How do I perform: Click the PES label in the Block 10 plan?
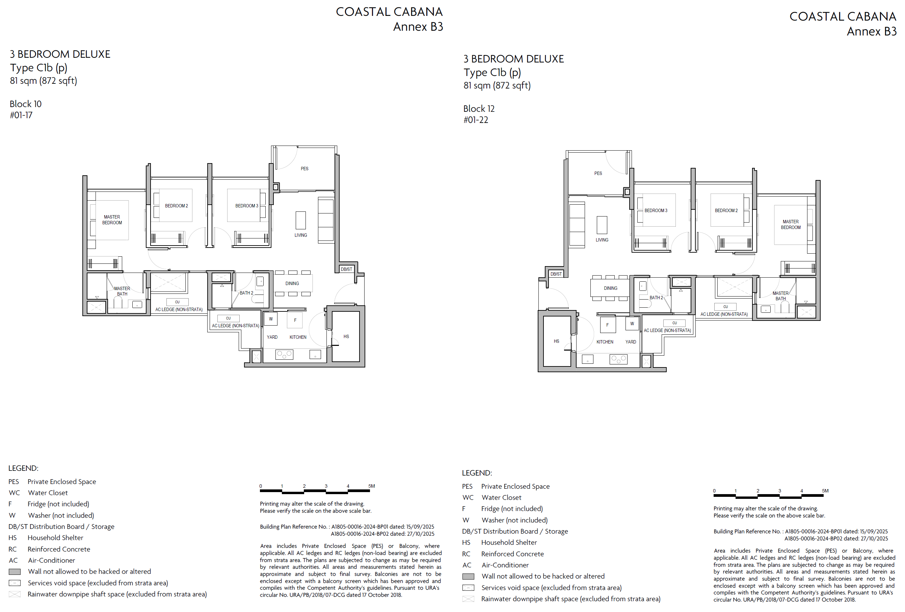coord(304,169)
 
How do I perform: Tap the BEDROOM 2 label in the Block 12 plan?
coord(726,210)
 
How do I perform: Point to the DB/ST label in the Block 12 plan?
coord(556,274)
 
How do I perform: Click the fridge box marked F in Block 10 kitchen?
coord(295,320)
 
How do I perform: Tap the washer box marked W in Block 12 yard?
coord(632,323)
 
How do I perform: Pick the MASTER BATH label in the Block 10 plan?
coord(122,291)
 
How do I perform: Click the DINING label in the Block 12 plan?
coord(611,288)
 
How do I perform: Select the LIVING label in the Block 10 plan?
coord(301,235)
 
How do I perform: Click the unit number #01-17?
coord(21,115)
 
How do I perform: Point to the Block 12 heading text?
coord(479,109)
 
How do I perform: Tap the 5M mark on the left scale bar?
coord(372,486)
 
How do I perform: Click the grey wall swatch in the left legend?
coord(15,572)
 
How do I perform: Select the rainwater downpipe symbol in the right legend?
coord(468,599)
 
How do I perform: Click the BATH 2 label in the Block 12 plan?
coord(656,298)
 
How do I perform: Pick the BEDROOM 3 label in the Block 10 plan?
coord(246,206)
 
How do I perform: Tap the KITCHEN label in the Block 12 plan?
coord(605,342)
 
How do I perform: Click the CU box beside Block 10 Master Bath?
coord(177,302)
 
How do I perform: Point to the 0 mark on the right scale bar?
coord(714,491)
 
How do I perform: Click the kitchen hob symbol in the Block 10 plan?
coord(284,355)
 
